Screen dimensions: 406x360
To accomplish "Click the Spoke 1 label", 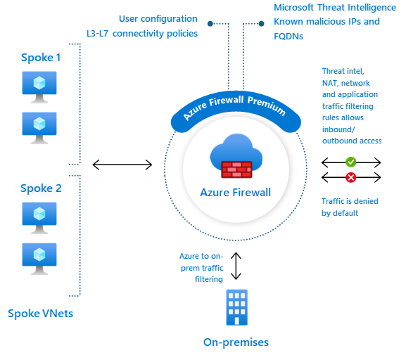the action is click(41, 58).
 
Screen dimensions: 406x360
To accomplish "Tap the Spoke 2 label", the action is click(41, 188).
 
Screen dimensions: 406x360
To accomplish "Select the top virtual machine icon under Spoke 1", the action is click(39, 87).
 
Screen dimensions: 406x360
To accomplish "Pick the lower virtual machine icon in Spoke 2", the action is click(39, 259).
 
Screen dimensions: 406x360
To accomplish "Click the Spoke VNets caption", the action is click(40, 314).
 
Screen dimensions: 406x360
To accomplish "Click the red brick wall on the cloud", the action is click(236, 169).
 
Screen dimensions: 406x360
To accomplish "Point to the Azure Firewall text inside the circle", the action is click(236, 193).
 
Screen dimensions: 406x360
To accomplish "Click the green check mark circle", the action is click(351, 162).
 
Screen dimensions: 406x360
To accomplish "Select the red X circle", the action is click(351, 177).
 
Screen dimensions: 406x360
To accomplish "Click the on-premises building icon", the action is click(237, 307).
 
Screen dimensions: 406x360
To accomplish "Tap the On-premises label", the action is click(236, 342).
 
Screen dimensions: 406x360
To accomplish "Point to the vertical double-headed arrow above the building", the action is click(236, 266).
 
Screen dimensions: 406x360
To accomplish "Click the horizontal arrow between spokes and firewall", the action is click(122, 165).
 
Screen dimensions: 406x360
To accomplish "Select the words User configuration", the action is click(158, 19).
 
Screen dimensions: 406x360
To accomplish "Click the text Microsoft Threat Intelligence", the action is click(335, 8).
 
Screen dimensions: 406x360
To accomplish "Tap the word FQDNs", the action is click(288, 37).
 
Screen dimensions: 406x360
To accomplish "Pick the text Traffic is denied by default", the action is click(350, 207).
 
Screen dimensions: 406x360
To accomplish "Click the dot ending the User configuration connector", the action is click(210, 24).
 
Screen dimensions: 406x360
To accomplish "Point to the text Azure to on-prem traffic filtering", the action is click(201, 268).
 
